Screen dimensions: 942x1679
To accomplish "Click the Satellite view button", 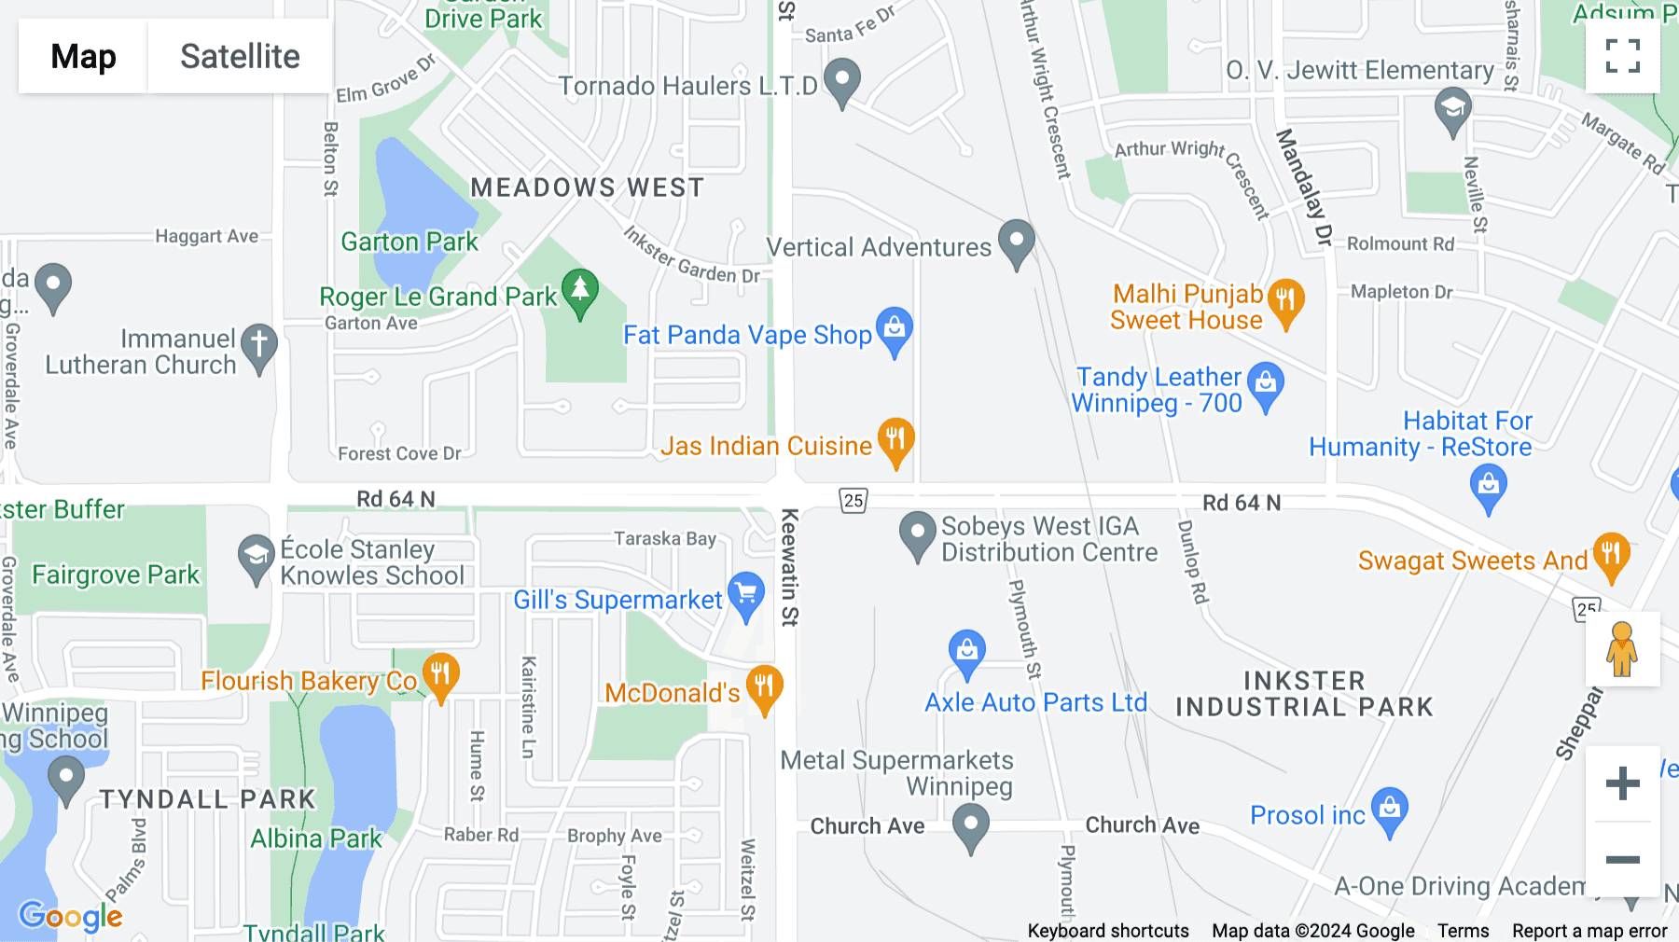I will (x=240, y=57).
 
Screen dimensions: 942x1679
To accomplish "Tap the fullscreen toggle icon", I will (x=1622, y=56).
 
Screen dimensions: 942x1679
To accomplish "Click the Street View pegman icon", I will (x=1622, y=649).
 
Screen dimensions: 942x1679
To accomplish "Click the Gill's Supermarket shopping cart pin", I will (x=745, y=595).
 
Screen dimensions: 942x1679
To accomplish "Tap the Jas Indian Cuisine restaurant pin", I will (x=895, y=440).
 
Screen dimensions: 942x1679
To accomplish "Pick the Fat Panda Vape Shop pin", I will (x=895, y=330).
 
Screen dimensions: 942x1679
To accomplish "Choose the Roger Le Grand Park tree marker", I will (x=580, y=291).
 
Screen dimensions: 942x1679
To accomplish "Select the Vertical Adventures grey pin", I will (x=1016, y=242).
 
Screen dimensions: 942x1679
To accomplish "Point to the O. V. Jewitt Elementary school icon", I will (x=1452, y=109).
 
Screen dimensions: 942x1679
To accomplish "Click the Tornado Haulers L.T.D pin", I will (x=842, y=81).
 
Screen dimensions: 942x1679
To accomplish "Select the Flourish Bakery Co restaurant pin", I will (x=440, y=674).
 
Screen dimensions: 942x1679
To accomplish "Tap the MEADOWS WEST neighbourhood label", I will (x=587, y=187).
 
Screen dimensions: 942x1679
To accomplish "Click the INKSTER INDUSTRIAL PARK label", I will (x=1304, y=694).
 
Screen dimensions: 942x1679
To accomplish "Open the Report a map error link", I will (x=1589, y=931).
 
